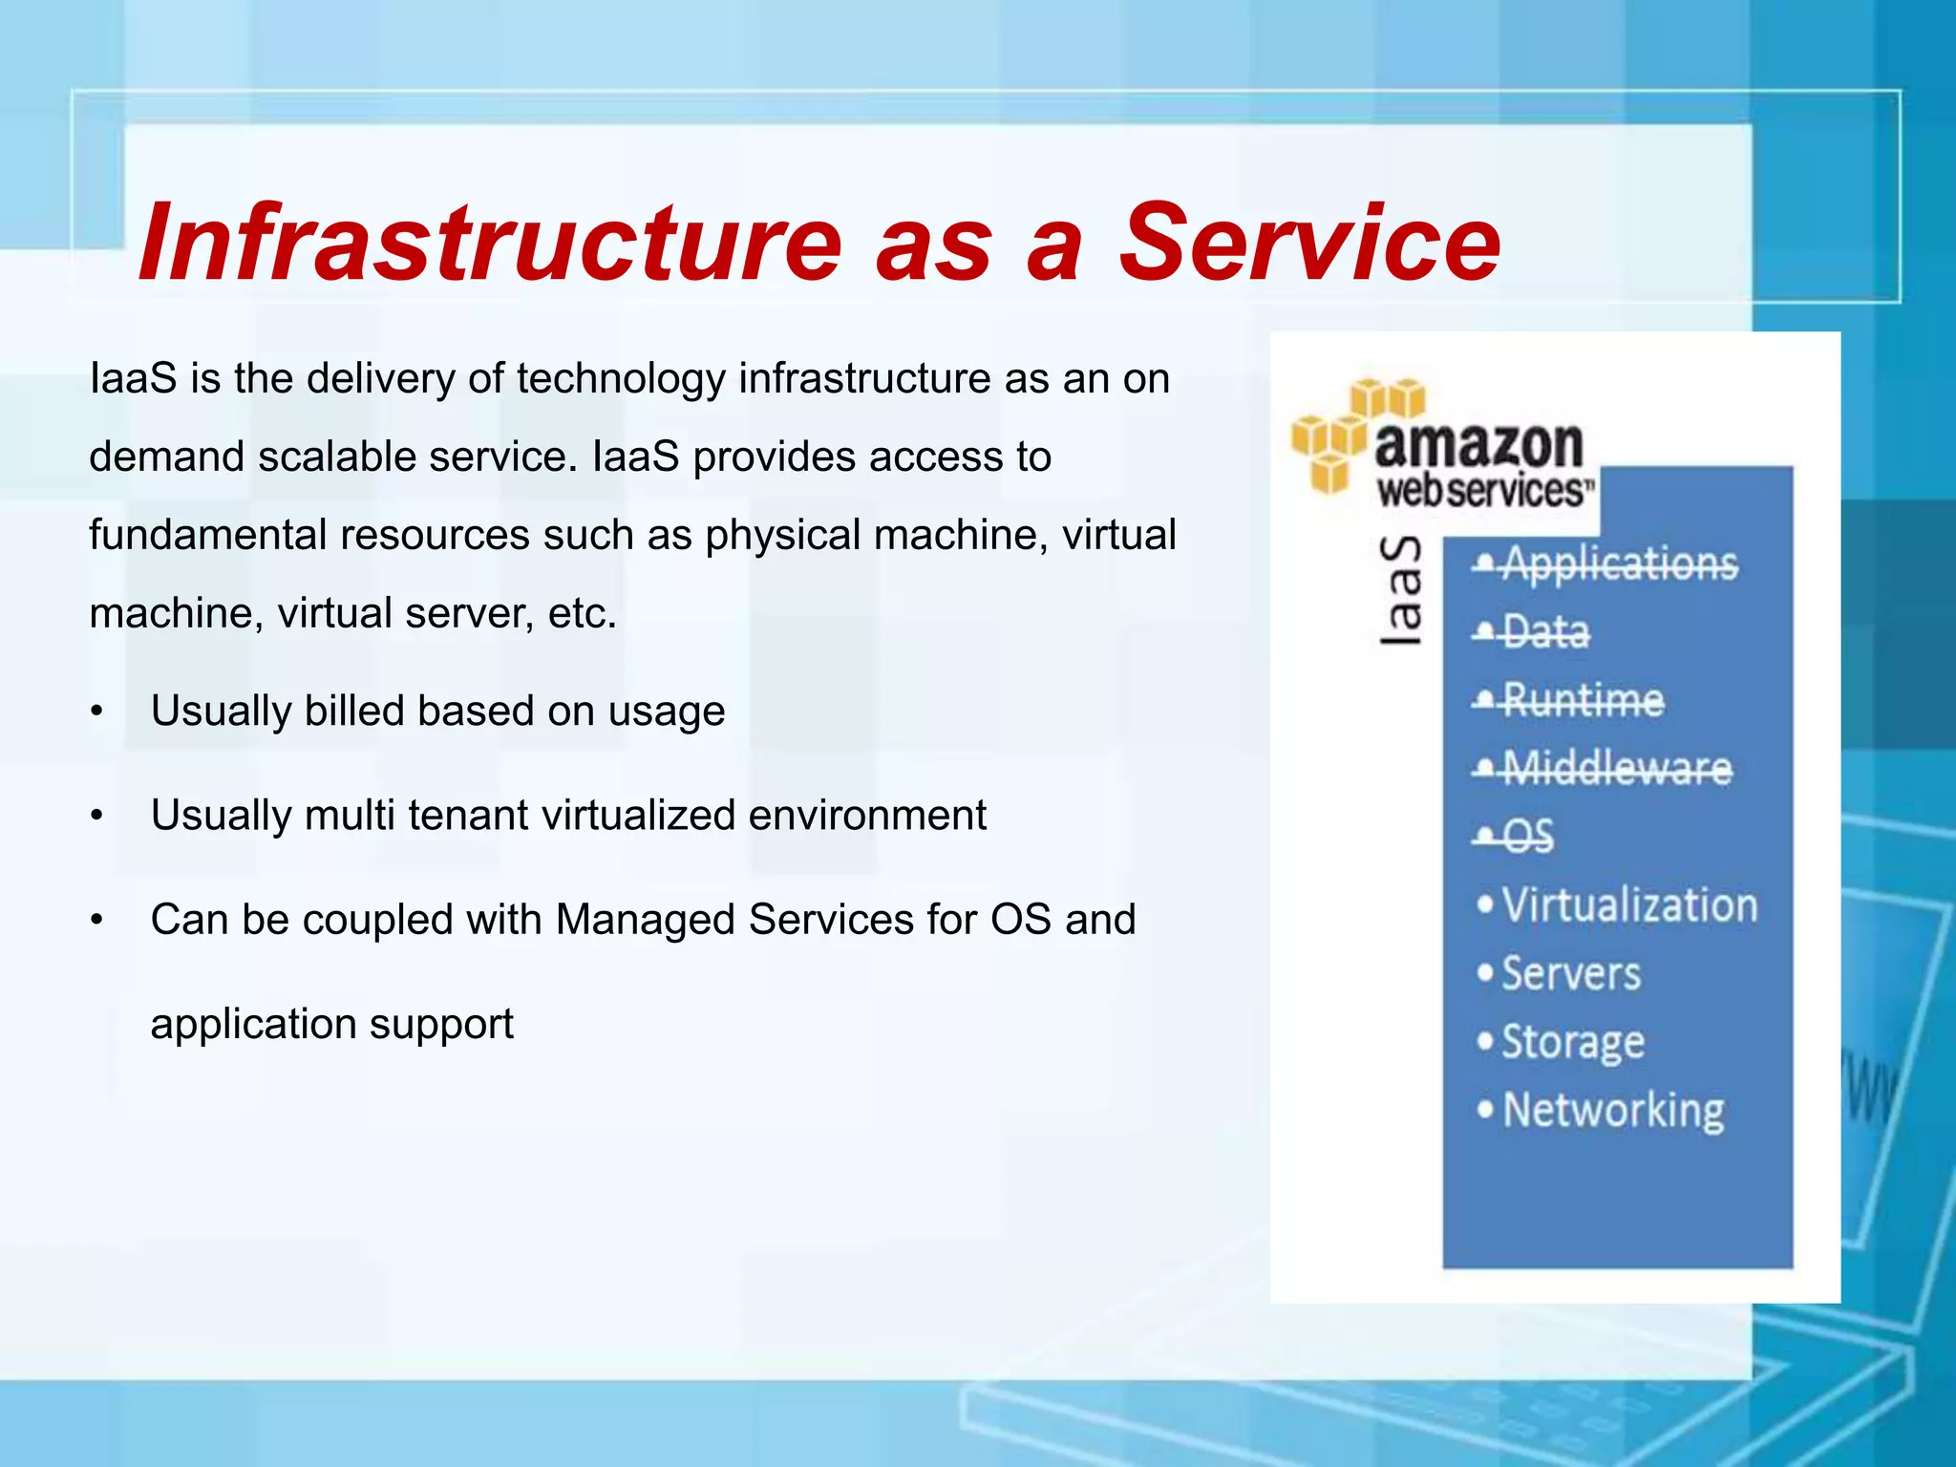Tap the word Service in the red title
(1309, 244)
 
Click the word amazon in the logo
(1478, 445)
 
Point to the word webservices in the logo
(1484, 491)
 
